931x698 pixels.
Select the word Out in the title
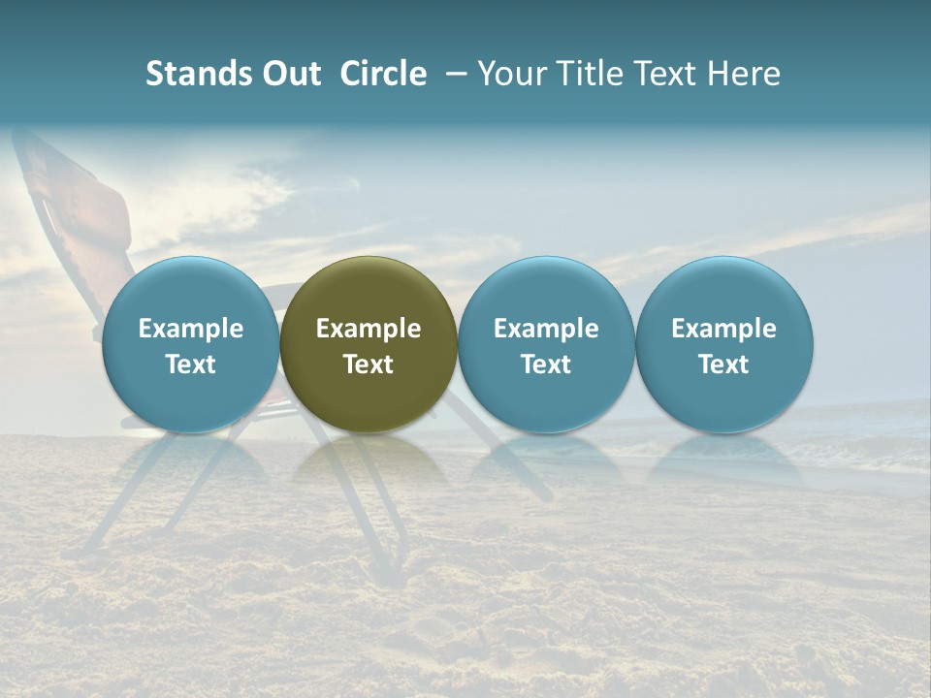pos(291,74)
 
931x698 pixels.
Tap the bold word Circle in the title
pos(383,74)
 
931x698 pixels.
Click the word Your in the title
pos(509,74)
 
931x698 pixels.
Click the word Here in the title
pos(744,74)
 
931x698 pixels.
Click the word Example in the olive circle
pos(369,329)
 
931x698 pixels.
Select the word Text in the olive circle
pos(369,365)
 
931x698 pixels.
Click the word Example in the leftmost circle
pos(190,329)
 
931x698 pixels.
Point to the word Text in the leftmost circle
pos(190,365)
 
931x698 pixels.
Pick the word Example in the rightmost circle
pos(724,329)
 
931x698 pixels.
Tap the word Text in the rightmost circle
pos(724,365)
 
